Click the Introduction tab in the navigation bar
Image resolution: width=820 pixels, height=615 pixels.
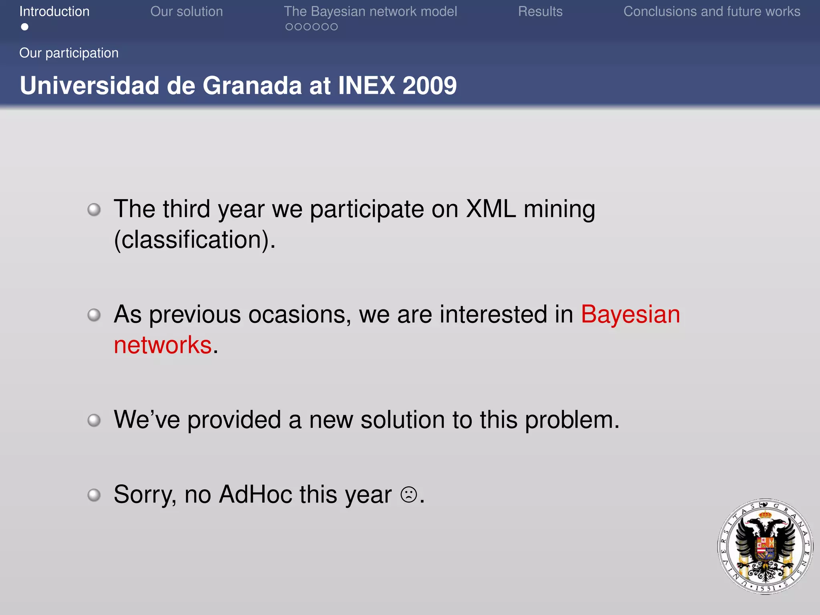(x=54, y=12)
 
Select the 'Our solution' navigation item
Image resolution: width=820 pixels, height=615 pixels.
(x=187, y=12)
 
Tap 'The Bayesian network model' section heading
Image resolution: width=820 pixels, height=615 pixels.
(x=370, y=12)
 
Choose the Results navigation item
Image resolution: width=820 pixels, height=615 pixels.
(x=540, y=12)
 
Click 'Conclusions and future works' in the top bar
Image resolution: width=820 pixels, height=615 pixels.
(x=712, y=12)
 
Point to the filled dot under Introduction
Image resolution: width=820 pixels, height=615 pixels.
(x=25, y=27)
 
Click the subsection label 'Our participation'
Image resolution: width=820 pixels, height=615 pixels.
(x=69, y=53)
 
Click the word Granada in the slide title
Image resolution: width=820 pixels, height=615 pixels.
(x=252, y=85)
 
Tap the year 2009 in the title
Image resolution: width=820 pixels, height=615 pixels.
(x=430, y=85)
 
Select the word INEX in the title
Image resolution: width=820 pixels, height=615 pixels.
(x=366, y=85)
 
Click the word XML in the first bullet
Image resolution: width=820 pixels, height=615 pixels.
(x=491, y=209)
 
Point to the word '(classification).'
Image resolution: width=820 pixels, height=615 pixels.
(x=195, y=239)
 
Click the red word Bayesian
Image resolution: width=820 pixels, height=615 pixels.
(x=630, y=314)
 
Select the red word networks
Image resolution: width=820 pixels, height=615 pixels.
(x=163, y=345)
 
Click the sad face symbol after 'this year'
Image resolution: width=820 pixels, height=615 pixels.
(x=409, y=494)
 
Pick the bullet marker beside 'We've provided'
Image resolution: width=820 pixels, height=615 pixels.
(x=94, y=420)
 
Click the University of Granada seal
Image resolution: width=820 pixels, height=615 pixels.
(x=765, y=546)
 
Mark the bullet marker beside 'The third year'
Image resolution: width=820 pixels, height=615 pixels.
(x=94, y=209)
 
